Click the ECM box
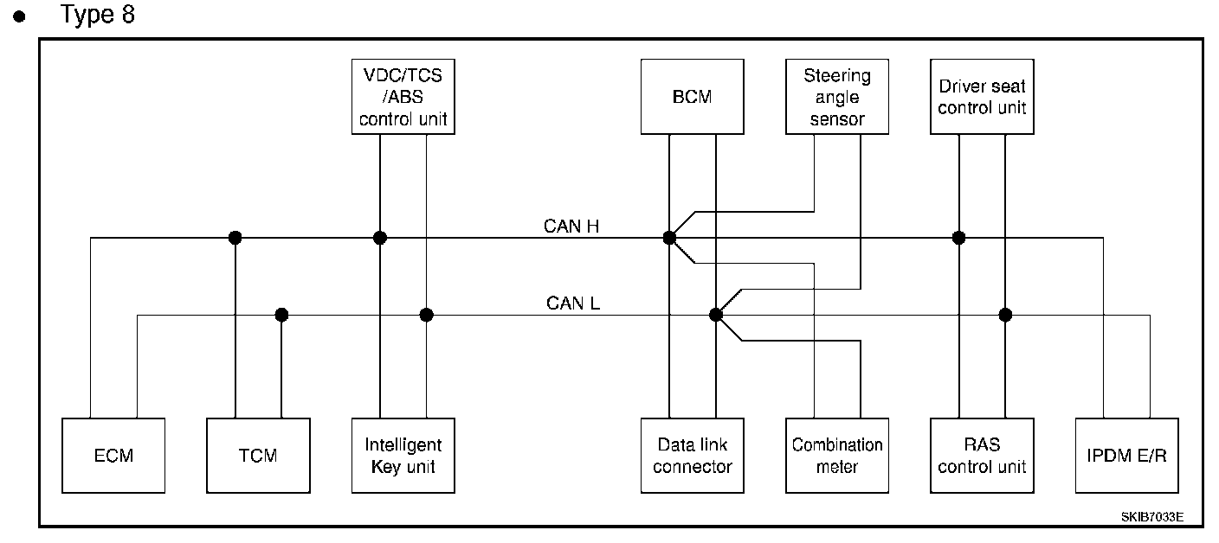[113, 456]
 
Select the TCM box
[258, 456]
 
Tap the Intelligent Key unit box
[403, 456]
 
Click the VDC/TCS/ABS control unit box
[403, 96]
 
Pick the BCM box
[692, 96]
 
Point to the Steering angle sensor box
[836, 96]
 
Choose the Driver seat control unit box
[982, 96]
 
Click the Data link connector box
[692, 456]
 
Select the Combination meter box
[836, 456]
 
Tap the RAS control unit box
[982, 456]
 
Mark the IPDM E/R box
[1126, 456]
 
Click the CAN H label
[571, 227]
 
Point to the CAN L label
[573, 303]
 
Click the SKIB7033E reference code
[1151, 517]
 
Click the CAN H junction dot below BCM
[669, 238]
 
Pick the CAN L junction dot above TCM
[281, 315]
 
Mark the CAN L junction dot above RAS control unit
[1005, 315]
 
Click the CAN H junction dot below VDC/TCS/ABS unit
[379, 238]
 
